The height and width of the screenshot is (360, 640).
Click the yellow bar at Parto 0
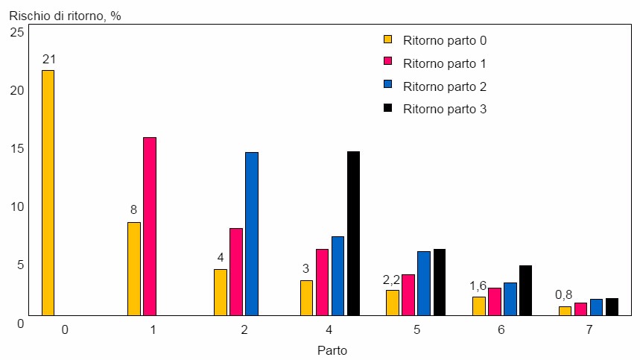coord(48,192)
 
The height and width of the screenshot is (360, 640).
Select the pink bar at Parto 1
coord(150,226)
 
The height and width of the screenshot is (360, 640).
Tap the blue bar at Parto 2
coord(252,233)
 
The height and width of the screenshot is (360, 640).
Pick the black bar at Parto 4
coord(353,233)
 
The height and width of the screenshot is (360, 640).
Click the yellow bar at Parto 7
coord(565,311)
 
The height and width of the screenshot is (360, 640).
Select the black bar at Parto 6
coord(526,290)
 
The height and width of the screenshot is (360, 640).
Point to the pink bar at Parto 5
coord(408,294)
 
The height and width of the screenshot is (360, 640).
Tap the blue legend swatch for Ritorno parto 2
coord(387,86)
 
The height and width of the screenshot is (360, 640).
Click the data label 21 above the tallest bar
coord(48,59)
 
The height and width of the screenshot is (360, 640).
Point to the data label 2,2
coord(391,280)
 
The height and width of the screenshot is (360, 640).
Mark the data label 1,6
coord(478,285)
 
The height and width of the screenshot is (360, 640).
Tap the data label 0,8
coord(564,294)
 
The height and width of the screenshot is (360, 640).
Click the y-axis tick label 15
coord(17,148)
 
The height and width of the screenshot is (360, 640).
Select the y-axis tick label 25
coord(17,32)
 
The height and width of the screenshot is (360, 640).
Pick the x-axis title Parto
coord(332,350)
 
